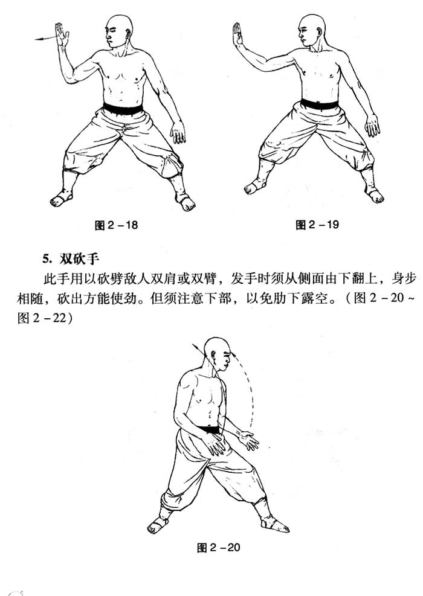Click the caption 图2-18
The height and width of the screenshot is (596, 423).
pos(116,225)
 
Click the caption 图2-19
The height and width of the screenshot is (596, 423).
pos(317,225)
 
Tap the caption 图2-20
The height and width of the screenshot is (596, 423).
pos(218,547)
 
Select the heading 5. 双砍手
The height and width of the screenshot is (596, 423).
pos(71,259)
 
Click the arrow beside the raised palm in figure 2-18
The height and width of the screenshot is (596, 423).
pos(46,38)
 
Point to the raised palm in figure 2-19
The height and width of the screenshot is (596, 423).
pos(237,34)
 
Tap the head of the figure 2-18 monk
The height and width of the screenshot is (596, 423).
pos(119,31)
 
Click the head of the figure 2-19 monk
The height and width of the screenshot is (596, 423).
pos(312,30)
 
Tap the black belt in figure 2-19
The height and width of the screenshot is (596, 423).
pos(320,104)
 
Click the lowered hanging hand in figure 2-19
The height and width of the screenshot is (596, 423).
pos(372,125)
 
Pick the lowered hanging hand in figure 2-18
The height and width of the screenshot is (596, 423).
pos(178,132)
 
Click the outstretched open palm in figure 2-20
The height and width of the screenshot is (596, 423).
pos(248,440)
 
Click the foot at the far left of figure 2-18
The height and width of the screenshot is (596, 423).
pos(61,199)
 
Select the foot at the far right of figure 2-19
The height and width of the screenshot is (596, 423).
pos(374,195)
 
